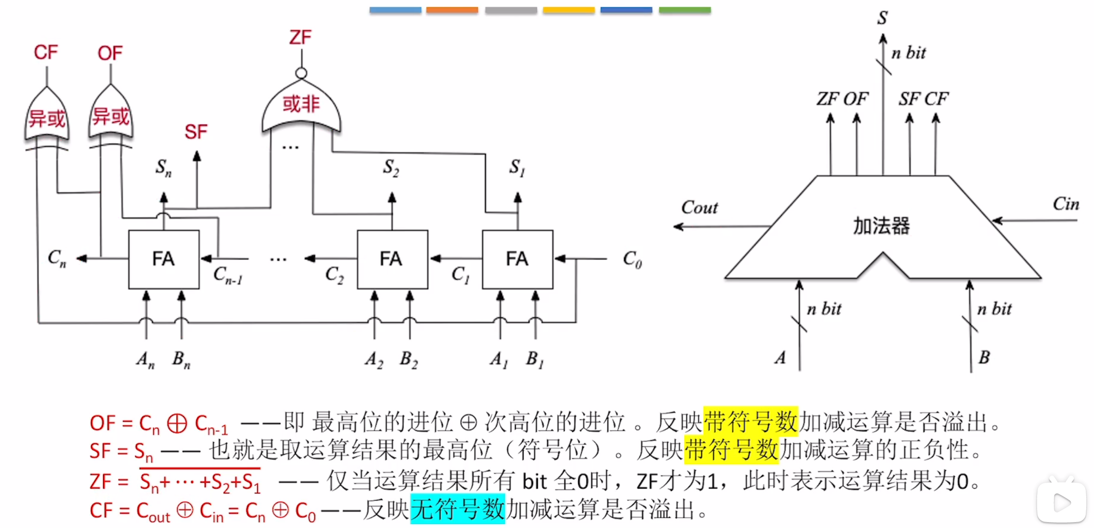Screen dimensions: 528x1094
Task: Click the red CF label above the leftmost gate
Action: pos(46,52)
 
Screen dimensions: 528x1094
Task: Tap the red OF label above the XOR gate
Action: pos(110,53)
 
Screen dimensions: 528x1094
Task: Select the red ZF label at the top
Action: pos(300,37)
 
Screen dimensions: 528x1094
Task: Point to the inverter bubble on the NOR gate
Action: pos(301,73)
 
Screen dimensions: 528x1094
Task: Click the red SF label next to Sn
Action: pos(196,132)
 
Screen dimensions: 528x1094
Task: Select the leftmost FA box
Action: pos(163,259)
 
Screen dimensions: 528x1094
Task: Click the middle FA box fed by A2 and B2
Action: pos(392,259)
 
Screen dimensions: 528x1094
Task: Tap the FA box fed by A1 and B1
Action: pos(517,259)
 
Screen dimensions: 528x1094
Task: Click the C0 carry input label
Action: pos(632,260)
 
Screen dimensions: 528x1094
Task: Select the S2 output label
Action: pos(391,167)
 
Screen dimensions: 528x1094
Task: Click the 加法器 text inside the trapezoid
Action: pos(881,226)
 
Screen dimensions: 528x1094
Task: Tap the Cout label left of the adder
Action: pos(699,208)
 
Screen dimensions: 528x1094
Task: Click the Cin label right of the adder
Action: pos(1066,204)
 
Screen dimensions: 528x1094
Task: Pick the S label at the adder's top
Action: pos(882,18)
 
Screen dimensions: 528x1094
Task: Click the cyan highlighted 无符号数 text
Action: pos(458,509)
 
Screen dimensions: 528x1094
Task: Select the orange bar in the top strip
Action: pos(452,10)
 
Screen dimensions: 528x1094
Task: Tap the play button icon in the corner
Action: pos(1061,503)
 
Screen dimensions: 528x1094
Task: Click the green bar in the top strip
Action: pos(685,10)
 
